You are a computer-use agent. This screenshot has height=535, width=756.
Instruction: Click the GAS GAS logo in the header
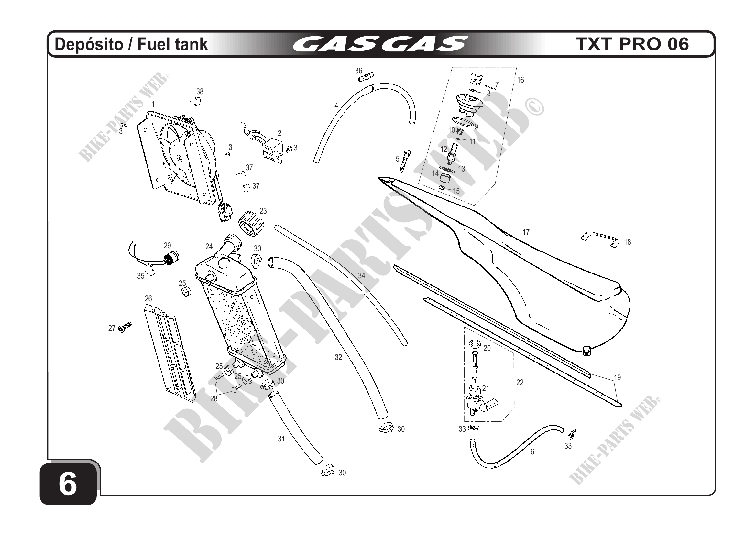pos(380,44)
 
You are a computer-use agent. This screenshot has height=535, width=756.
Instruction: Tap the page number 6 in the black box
pos(68,484)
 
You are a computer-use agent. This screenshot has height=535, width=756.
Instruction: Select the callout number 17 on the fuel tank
pos(526,232)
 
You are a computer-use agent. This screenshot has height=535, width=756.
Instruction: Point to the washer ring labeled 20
pos(474,345)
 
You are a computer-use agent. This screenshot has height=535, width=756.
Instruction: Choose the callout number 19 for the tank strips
pos(617,377)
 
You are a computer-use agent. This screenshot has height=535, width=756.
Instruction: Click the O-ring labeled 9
pos(464,123)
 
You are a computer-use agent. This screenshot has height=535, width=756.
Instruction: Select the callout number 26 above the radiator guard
pos(148,298)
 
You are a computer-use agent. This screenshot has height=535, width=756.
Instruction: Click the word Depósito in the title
pos(89,44)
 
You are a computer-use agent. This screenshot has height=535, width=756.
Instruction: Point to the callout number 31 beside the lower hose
pos(281,439)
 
